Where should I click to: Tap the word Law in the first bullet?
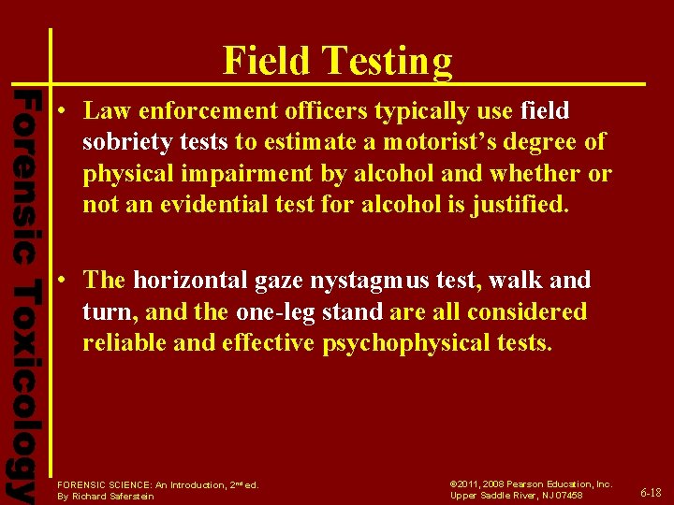tap(103, 111)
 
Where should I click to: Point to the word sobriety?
tap(121, 143)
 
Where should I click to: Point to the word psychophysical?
tap(395, 343)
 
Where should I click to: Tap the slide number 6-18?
tap(651, 492)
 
